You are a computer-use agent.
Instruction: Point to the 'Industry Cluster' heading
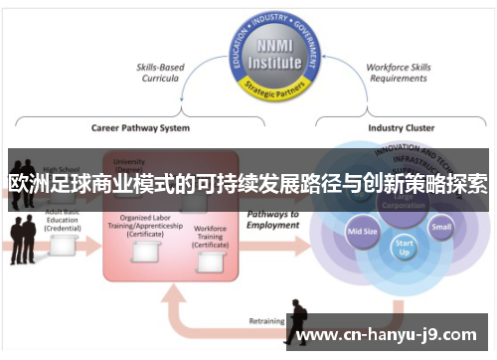point(402,128)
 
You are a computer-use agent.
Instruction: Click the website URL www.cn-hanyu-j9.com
point(389,334)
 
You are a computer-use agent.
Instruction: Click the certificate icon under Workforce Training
point(210,263)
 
